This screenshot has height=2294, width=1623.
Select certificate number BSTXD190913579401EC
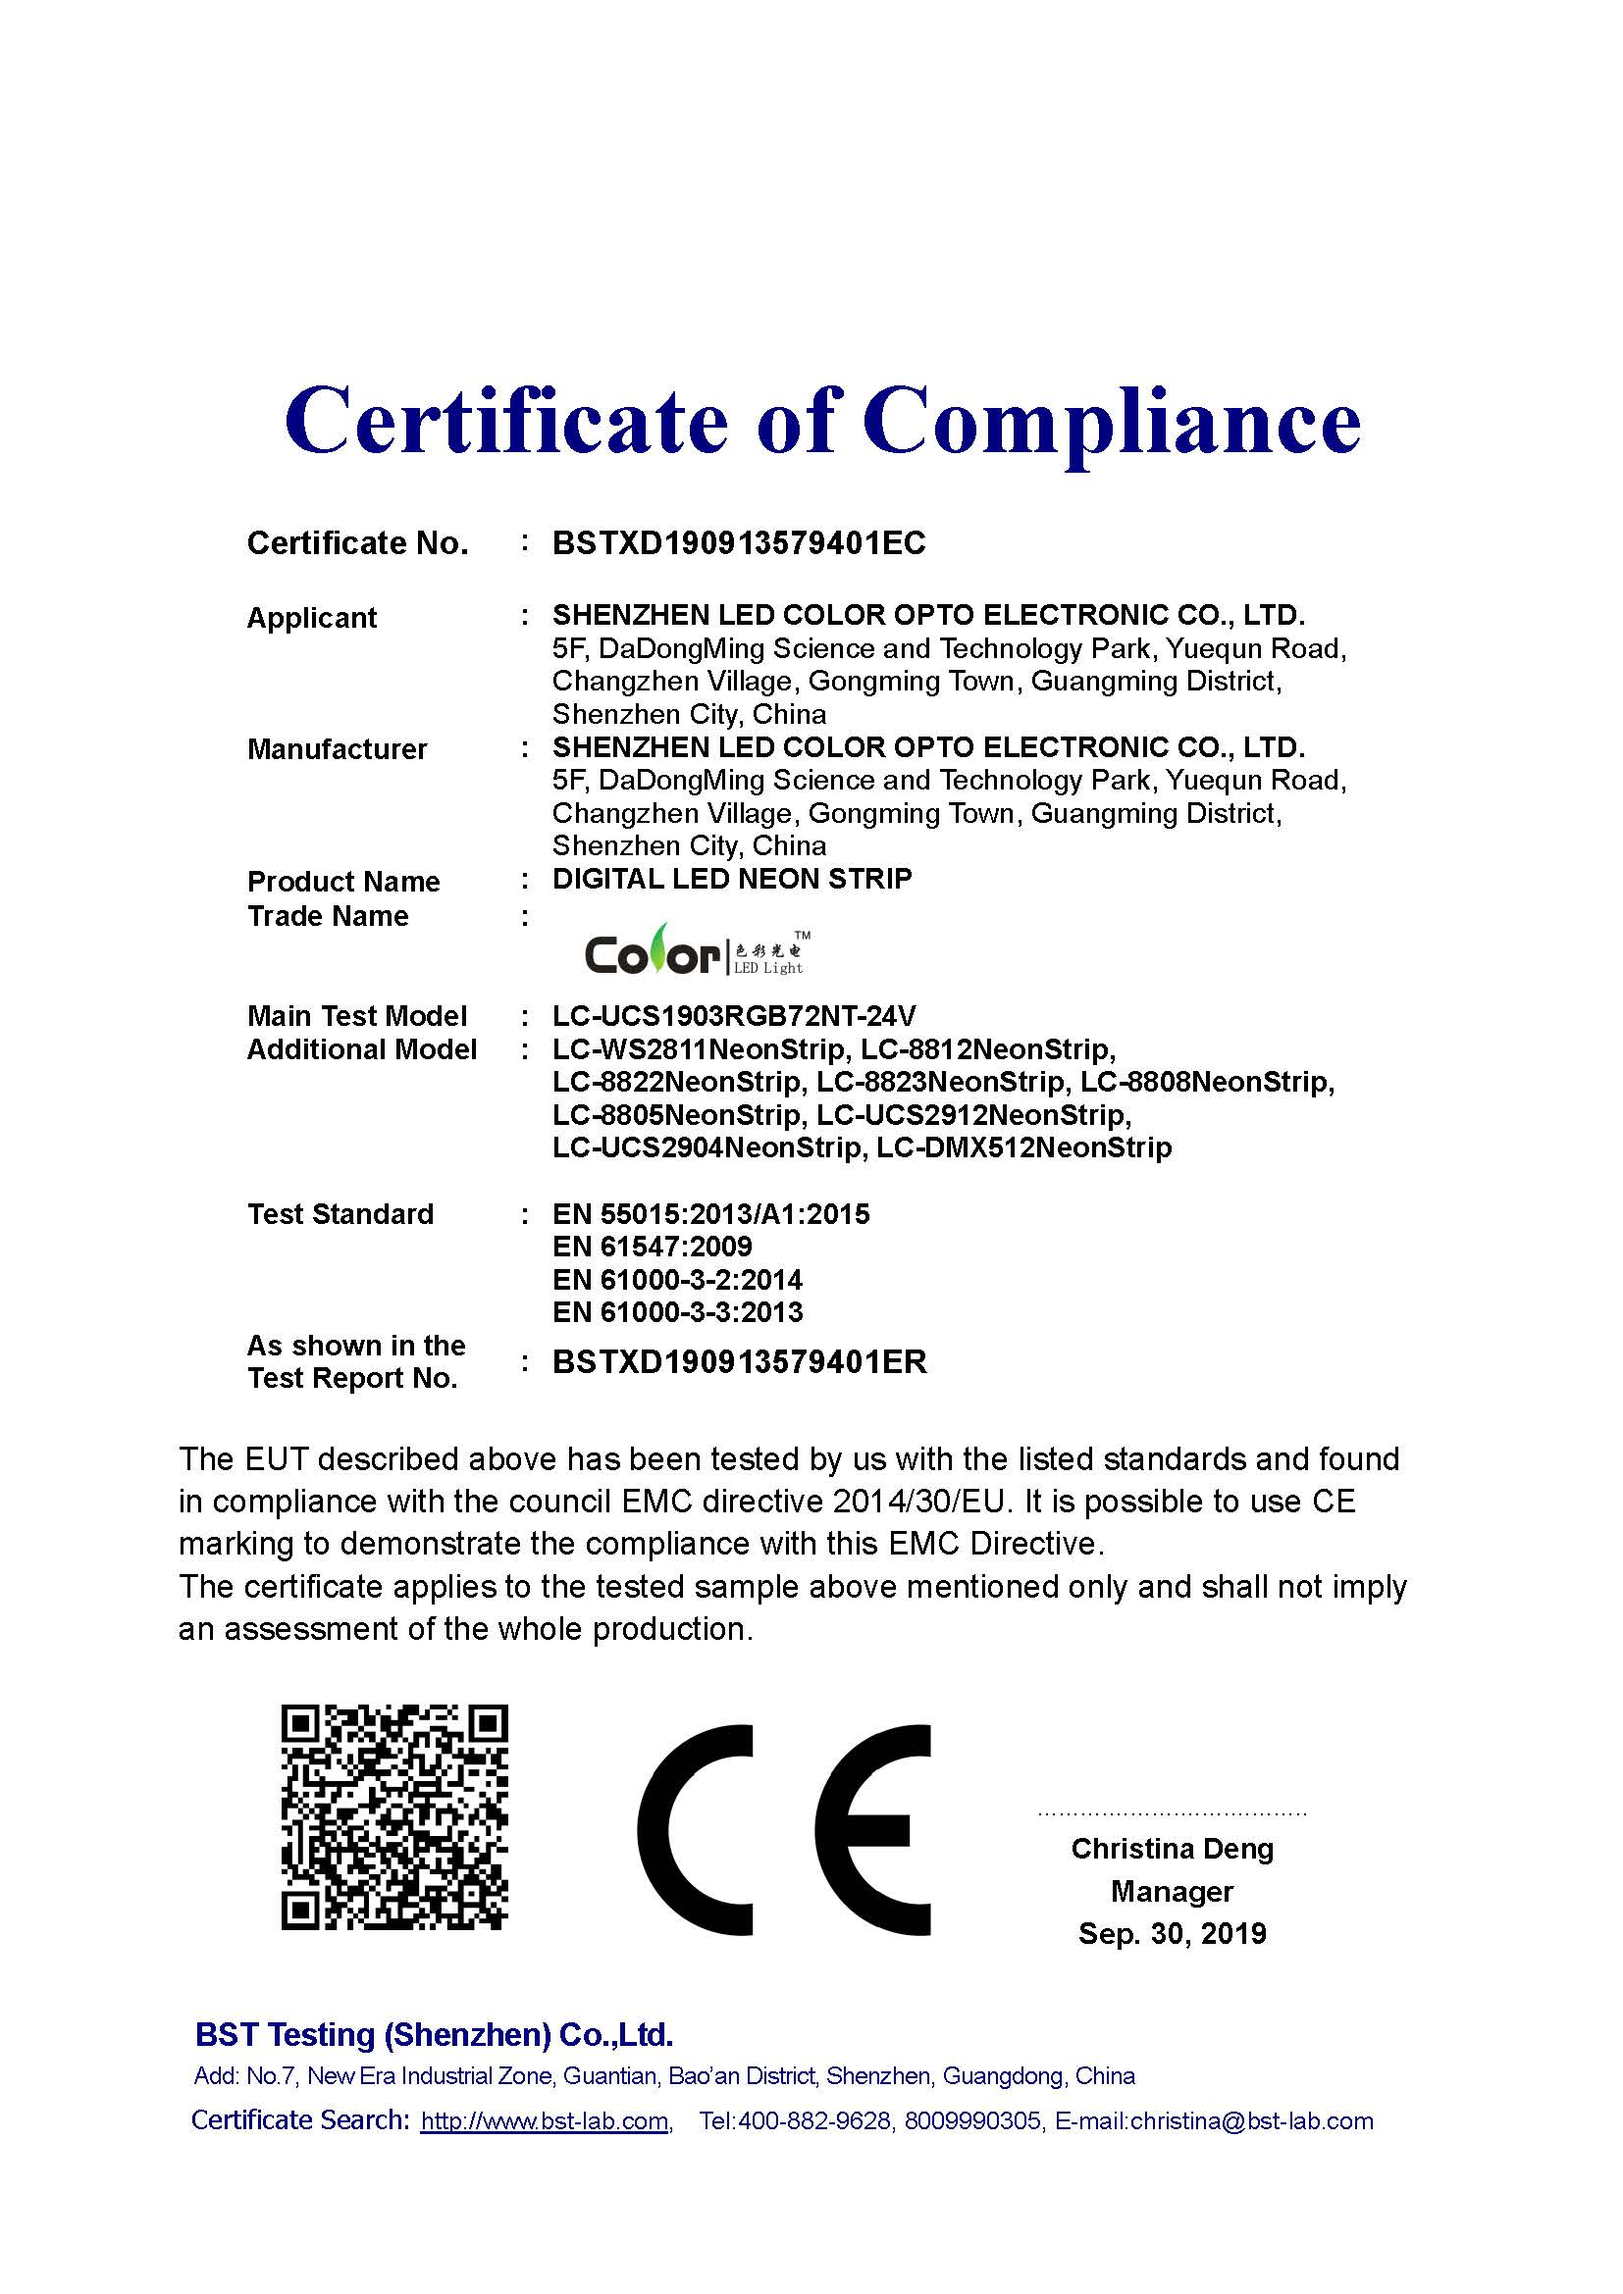click(x=739, y=543)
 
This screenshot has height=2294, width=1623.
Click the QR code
click(x=394, y=1817)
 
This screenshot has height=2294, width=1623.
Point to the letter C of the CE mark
click(x=697, y=1829)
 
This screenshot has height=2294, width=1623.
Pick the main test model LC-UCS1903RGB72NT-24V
click(x=734, y=1016)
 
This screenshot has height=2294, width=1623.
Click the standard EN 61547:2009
click(x=652, y=1247)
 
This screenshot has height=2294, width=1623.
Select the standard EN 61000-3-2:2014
click(x=677, y=1280)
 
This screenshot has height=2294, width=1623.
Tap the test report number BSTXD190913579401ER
click(x=740, y=1362)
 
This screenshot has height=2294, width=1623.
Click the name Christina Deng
click(x=1172, y=1850)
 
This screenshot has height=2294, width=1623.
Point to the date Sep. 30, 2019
click(x=1172, y=1934)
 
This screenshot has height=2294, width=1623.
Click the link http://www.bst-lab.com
click(x=544, y=2121)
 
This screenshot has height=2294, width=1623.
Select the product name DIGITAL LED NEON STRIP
click(x=732, y=879)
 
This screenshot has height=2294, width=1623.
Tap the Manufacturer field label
click(x=337, y=749)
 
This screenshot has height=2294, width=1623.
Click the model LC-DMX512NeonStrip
click(x=1023, y=1148)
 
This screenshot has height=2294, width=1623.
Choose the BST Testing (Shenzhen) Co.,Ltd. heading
click(x=434, y=2035)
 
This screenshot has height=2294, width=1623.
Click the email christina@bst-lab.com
click(x=1251, y=2121)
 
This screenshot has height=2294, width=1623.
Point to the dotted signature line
click(x=1172, y=1812)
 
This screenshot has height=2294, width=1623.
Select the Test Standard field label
click(x=340, y=1215)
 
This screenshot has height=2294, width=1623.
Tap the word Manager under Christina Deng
click(x=1172, y=1891)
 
